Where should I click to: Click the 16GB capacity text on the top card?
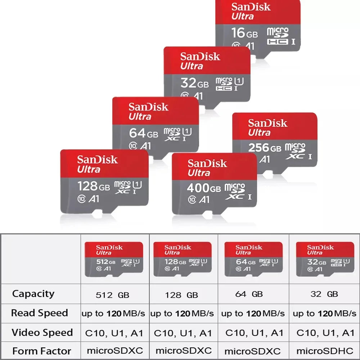coord(244,33)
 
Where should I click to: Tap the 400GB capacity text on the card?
coord(204,188)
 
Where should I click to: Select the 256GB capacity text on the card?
coord(265,148)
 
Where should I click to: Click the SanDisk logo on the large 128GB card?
coord(97,159)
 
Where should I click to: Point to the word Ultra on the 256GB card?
coord(259,132)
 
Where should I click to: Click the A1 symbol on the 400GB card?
coord(204,200)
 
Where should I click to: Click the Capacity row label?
coord(33,294)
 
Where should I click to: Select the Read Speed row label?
coord(40,313)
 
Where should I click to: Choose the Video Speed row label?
coord(42,332)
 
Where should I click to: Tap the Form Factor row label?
coord(41,351)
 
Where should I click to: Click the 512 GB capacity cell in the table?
coord(112,295)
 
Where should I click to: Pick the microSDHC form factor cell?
coord(325,351)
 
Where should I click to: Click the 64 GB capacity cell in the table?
coord(249,294)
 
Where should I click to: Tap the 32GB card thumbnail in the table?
coord(325,259)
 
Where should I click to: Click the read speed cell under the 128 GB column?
coord(182,314)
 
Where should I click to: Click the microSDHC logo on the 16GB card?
coord(278,36)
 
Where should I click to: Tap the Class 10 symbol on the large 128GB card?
coord(81,199)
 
